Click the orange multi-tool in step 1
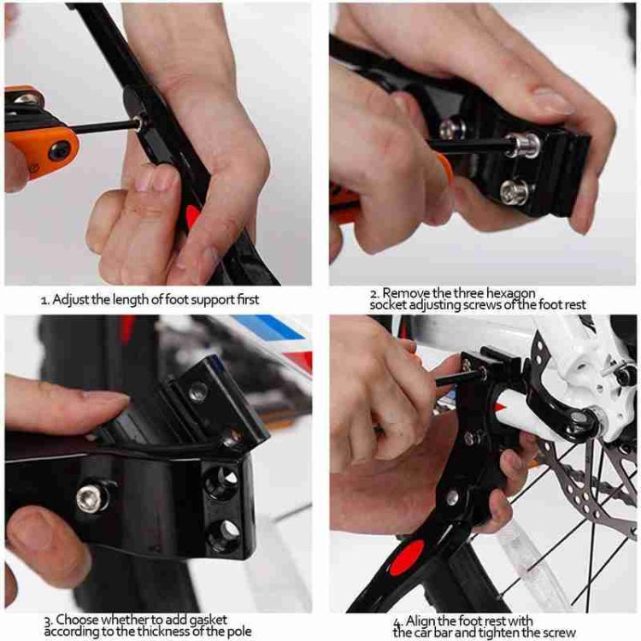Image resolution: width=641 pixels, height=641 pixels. (38, 128)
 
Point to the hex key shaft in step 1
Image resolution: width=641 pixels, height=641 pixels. (103, 127)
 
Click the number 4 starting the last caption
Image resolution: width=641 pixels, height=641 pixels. (397, 620)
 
